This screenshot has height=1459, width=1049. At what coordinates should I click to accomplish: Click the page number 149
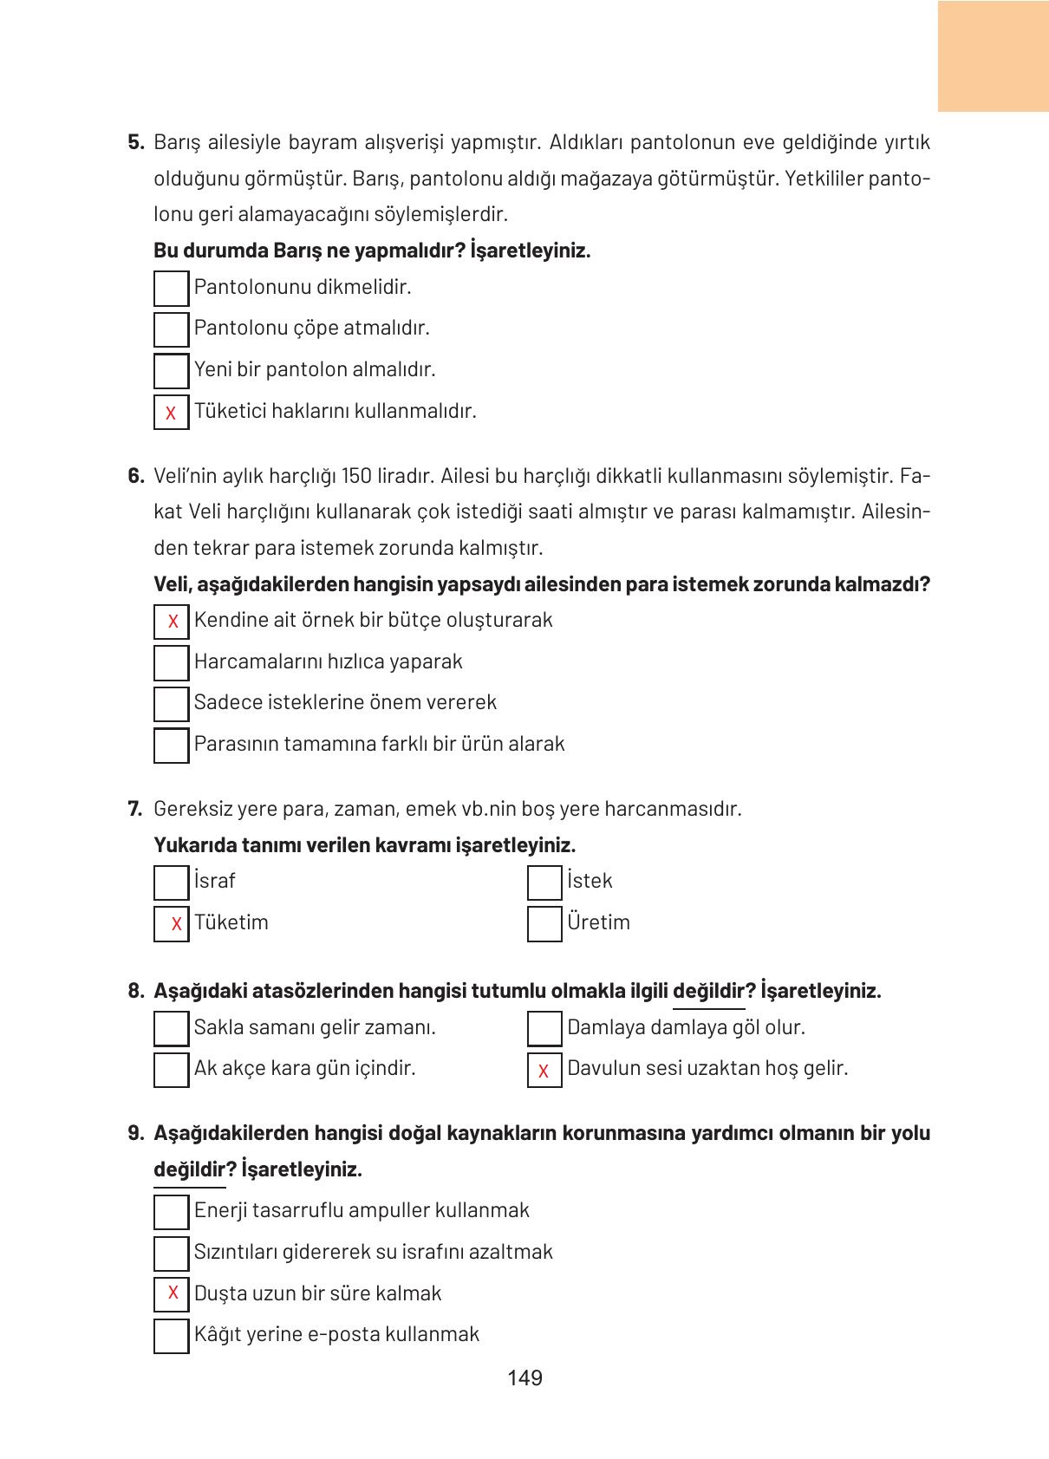(524, 1378)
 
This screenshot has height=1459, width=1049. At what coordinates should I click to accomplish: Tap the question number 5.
(135, 142)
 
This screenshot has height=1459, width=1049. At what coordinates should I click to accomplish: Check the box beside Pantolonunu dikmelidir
(171, 288)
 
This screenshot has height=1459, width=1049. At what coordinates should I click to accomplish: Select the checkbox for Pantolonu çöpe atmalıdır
(171, 329)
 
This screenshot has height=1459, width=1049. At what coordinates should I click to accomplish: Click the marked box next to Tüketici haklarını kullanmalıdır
(171, 412)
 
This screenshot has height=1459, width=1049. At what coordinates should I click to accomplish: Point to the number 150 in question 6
(356, 476)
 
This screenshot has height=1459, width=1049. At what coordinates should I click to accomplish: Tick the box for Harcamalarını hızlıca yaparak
(171, 662)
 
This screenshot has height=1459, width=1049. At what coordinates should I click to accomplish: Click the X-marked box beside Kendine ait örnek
(171, 621)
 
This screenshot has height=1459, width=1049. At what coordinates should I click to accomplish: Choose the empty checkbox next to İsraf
(171, 882)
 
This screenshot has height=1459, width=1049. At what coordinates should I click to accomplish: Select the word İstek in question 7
(590, 881)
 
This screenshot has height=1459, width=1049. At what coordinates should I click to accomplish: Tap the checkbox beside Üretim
(544, 923)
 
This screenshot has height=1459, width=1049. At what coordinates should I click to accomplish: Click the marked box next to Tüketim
(171, 923)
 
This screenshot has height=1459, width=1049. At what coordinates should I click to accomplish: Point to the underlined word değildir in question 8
(708, 991)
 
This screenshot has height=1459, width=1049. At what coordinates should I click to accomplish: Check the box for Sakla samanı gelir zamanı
(171, 1028)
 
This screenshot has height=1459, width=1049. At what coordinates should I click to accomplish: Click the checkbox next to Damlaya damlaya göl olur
(544, 1028)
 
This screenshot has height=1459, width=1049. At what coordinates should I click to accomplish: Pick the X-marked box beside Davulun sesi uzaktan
(544, 1070)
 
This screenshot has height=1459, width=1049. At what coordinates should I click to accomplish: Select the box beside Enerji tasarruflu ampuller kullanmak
(171, 1211)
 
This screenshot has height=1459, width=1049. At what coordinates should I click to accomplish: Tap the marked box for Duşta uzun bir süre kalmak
(171, 1293)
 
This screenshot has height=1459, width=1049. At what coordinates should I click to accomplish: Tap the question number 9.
(135, 1133)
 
